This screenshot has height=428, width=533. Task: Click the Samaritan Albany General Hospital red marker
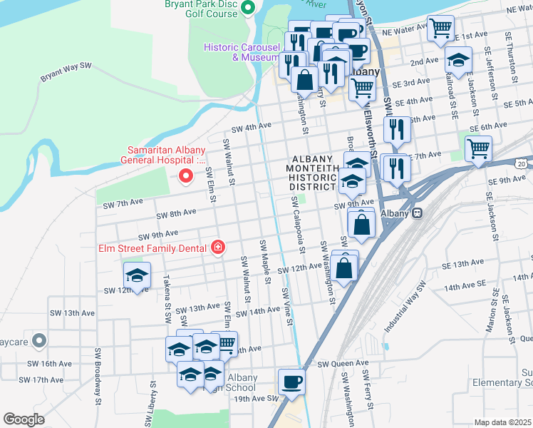click(187, 175)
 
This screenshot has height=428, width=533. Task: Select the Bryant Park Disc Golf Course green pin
click(248, 9)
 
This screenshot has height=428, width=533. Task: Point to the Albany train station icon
click(418, 213)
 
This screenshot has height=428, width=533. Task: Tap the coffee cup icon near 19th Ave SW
click(291, 382)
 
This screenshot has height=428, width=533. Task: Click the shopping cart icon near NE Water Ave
click(442, 29)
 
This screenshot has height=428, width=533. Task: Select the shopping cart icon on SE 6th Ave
click(478, 148)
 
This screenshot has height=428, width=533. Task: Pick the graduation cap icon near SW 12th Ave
click(138, 275)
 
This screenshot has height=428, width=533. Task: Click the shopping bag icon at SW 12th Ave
click(343, 269)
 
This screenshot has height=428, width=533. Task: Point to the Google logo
click(24, 419)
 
